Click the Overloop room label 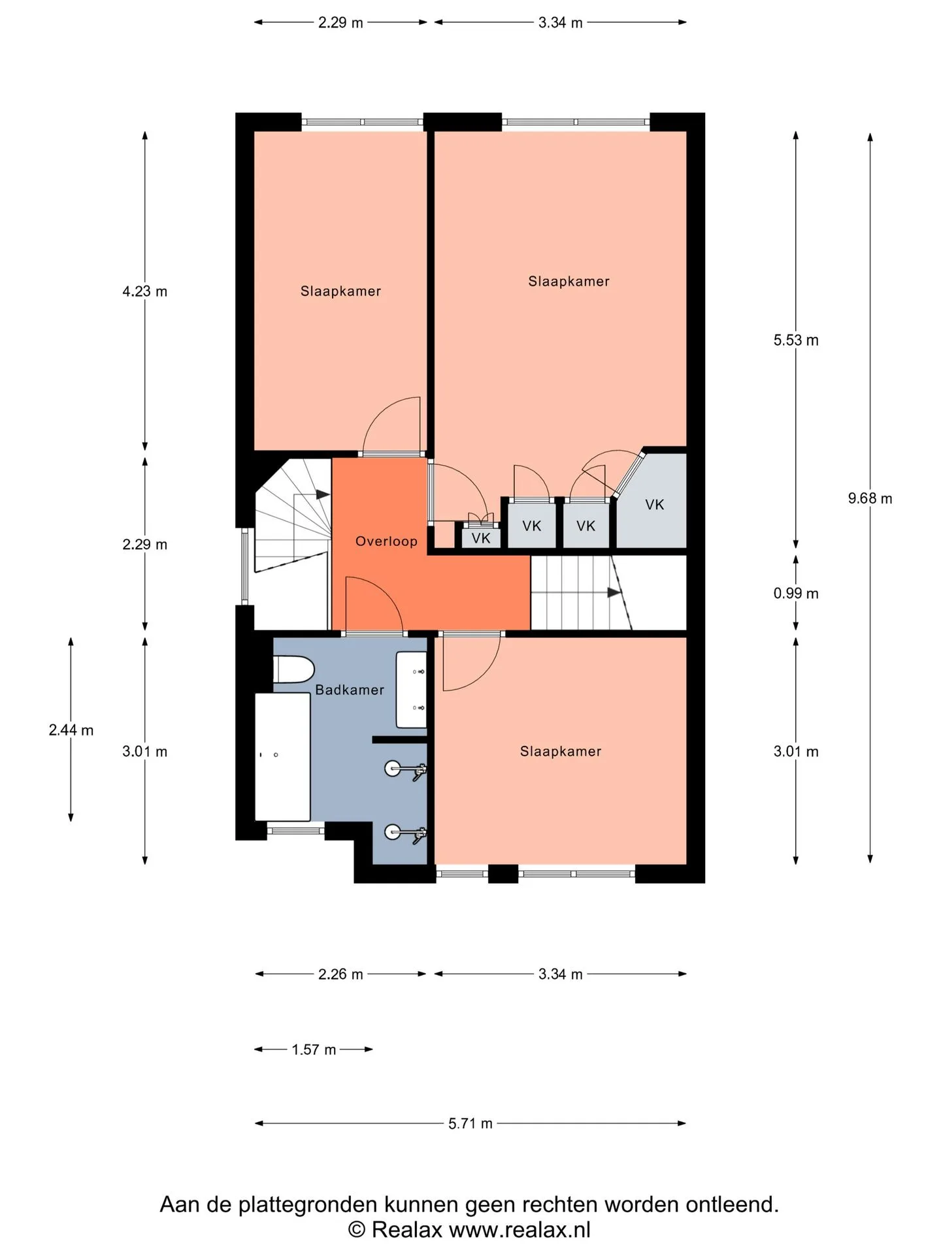pyautogui.click(x=386, y=541)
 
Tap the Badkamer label pyautogui.click(x=350, y=690)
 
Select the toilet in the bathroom pyautogui.click(x=293, y=670)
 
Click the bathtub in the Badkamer pyautogui.click(x=282, y=756)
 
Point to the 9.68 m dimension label pyautogui.click(x=870, y=498)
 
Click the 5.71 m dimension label pyautogui.click(x=470, y=1123)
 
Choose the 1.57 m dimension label pyautogui.click(x=314, y=1050)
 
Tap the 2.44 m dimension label pyautogui.click(x=71, y=730)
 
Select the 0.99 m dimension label pyautogui.click(x=796, y=593)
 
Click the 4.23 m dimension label pyautogui.click(x=145, y=291)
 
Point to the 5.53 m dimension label pyautogui.click(x=796, y=340)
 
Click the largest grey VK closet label pyautogui.click(x=655, y=504)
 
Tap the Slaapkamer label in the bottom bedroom pyautogui.click(x=561, y=751)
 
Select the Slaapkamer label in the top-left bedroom pyautogui.click(x=340, y=291)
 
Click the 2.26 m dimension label pyautogui.click(x=340, y=974)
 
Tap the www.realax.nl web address pyautogui.click(x=520, y=1230)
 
